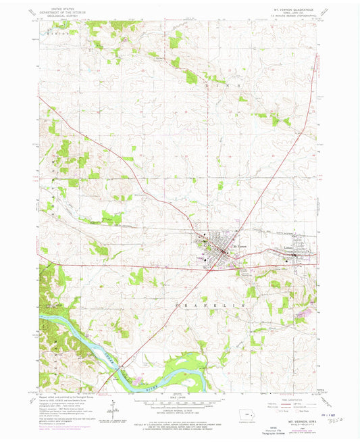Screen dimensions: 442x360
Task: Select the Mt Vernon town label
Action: [239, 247]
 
